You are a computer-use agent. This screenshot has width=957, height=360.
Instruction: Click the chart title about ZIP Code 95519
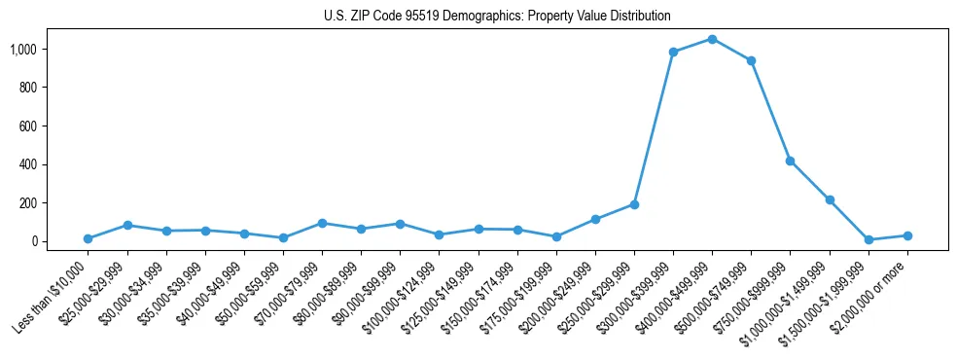[497, 17]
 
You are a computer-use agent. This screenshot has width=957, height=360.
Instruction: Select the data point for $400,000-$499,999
[712, 39]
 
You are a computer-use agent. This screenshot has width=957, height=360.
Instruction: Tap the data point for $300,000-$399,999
[673, 52]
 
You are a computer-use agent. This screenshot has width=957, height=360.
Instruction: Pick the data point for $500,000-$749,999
[751, 60]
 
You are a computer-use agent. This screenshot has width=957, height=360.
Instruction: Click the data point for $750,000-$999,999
[790, 161]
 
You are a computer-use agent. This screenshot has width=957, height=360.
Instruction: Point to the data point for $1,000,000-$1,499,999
[830, 199]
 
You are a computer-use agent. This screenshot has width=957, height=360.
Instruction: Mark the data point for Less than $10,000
[88, 238]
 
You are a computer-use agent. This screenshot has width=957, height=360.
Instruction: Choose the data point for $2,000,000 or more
[907, 235]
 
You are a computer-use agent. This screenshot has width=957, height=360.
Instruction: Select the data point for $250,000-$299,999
[634, 204]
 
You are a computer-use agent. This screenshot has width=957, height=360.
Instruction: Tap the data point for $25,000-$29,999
[127, 225]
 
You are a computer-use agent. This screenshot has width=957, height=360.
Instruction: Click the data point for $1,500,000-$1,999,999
[868, 239]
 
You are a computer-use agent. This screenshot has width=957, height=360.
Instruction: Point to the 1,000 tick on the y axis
[37, 49]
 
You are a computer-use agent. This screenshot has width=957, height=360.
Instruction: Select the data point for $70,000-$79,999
[322, 223]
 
